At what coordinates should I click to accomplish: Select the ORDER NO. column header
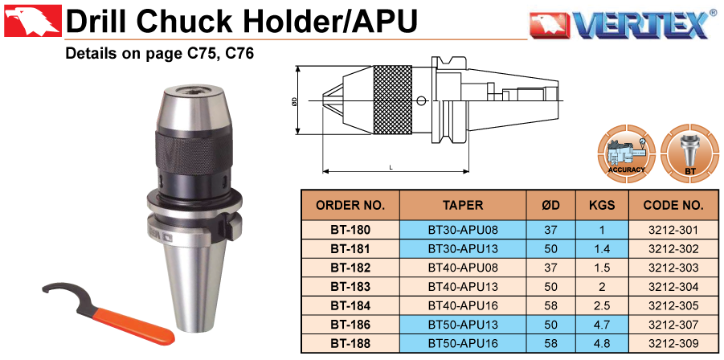click(350, 206)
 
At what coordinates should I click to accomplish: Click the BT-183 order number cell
click(350, 287)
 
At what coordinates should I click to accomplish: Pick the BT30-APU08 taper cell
click(463, 230)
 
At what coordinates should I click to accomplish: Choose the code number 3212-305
click(673, 305)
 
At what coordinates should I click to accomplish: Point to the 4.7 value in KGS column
click(602, 325)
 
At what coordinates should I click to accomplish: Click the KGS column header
click(602, 206)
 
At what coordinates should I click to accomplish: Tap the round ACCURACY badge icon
click(627, 153)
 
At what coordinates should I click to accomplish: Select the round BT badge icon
click(689, 153)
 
